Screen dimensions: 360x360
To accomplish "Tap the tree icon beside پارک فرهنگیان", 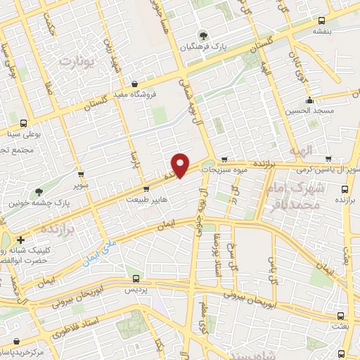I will (x=203, y=35).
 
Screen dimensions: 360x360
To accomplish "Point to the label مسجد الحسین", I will (x=310, y=111).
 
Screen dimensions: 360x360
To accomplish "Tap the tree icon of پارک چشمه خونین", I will (x=38, y=191).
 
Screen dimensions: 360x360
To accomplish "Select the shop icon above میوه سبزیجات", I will (x=224, y=160).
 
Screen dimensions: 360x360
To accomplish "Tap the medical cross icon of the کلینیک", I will (x=21, y=240).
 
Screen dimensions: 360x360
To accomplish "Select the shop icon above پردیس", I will (x=136, y=279).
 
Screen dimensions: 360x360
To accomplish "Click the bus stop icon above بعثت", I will (x=341, y=317).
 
